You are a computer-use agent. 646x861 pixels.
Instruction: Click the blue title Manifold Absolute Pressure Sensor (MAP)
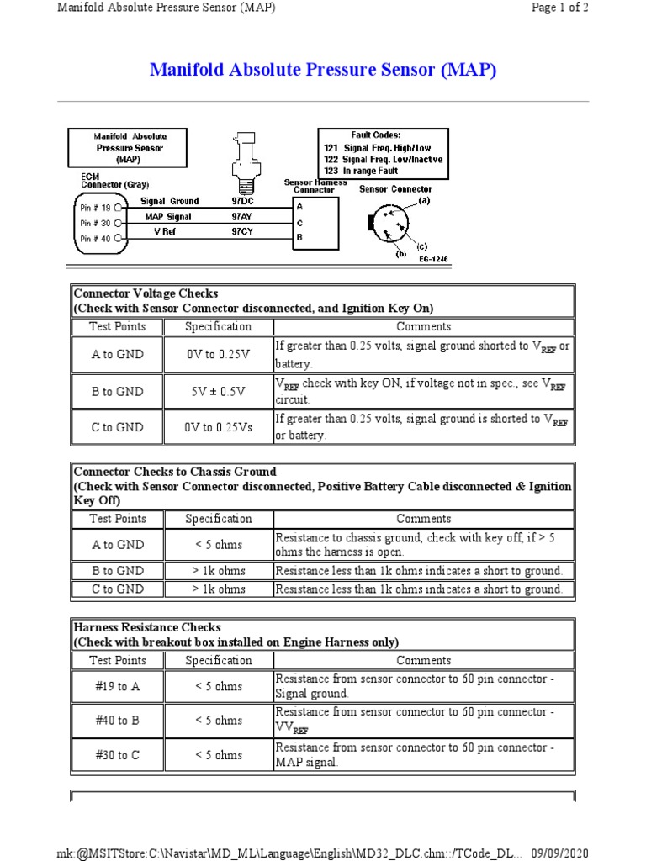323,70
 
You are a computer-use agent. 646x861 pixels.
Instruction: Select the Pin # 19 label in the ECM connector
96,206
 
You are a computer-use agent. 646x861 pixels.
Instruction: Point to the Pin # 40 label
96,239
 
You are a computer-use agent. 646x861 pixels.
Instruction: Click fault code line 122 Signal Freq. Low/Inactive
383,159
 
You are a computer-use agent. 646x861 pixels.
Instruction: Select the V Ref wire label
166,230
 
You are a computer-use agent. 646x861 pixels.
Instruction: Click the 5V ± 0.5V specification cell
219,391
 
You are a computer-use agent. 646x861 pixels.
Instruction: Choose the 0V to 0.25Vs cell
219,427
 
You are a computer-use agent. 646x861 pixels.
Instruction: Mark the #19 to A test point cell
118,687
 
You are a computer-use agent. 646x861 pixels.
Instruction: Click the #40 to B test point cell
118,721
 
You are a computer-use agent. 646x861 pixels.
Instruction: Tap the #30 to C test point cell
118,755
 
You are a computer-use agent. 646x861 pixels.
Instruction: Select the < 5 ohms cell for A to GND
219,545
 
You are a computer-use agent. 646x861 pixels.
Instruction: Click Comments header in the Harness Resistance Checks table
424,661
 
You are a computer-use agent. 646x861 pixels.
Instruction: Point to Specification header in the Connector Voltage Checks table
219,326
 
